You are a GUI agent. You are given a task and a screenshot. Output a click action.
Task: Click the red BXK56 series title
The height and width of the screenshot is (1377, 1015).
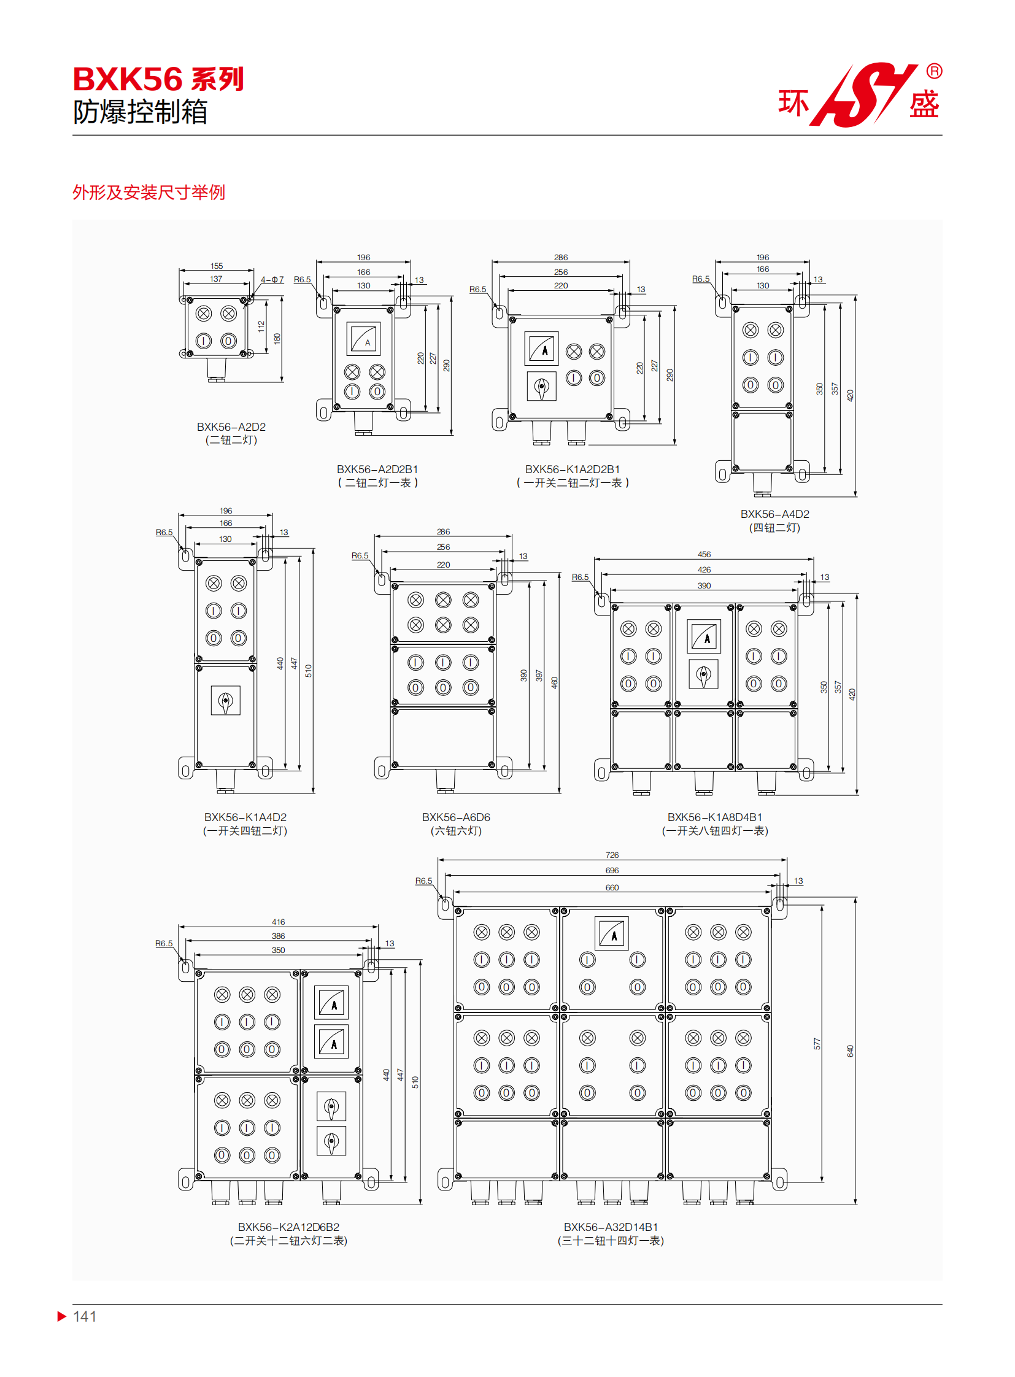pos(158,79)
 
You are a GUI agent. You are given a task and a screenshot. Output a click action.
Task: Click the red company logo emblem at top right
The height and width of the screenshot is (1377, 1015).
pos(862,94)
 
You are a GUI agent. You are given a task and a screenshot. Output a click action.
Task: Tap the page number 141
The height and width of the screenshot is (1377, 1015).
pos(84,1316)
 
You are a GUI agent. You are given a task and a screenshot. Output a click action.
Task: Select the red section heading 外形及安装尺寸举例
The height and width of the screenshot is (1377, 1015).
pos(149,192)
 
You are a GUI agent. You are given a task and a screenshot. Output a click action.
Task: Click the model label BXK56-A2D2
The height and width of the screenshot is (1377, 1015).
pos(231,426)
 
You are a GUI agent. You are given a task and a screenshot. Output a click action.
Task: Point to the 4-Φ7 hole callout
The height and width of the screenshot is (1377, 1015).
pos(272,280)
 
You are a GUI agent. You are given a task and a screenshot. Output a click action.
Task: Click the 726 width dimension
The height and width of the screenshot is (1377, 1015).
pos(612,855)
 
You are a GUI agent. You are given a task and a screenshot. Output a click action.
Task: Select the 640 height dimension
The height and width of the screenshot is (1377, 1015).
pos(851,1051)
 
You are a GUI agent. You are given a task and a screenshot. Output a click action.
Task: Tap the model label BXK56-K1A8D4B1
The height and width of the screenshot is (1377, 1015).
pos(714,817)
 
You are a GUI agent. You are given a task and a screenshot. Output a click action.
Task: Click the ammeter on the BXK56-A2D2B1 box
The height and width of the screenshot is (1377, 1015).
pos(364,339)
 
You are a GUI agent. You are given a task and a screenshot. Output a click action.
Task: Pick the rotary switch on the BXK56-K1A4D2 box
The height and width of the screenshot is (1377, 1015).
pos(225,701)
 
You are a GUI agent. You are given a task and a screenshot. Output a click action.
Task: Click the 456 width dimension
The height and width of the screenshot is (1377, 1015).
pos(704,554)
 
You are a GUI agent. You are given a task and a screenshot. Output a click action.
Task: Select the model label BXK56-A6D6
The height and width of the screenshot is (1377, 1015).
pos(456,817)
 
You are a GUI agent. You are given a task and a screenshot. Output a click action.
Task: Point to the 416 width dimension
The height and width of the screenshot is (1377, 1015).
pos(279,922)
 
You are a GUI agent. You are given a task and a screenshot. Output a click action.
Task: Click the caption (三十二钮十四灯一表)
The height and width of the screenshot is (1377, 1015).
pos(611,1241)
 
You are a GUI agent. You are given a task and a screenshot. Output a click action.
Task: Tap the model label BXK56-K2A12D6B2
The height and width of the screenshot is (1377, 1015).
pos(289,1227)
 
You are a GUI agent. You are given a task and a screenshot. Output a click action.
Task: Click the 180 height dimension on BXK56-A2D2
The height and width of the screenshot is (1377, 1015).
pos(277,339)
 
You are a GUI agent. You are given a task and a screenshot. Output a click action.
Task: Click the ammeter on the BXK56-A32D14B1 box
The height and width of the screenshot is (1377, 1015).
pos(611,933)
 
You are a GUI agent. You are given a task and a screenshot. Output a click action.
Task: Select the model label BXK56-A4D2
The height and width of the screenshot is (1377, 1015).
pos(775,514)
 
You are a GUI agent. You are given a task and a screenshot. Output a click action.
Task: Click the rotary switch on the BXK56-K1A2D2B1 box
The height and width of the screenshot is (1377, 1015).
pos(541,387)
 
